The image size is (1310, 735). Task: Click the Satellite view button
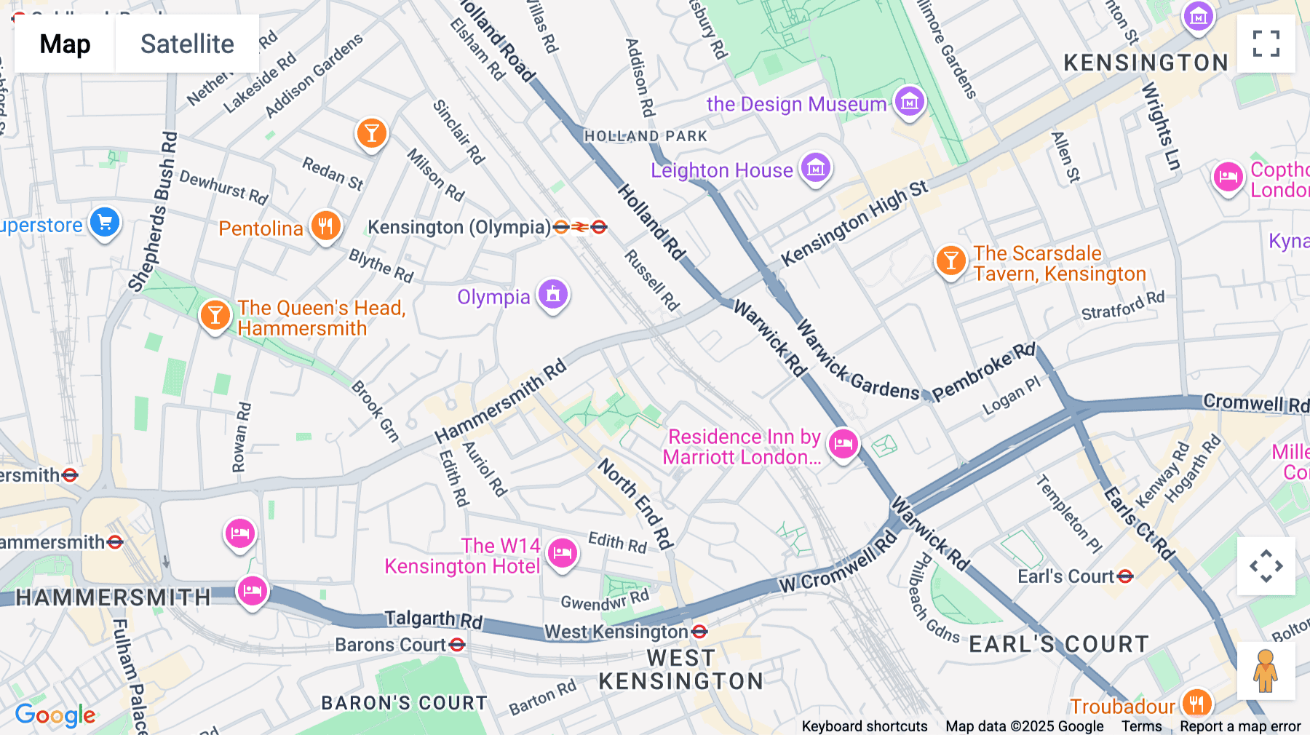187,44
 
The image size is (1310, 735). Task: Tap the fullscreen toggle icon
1266,44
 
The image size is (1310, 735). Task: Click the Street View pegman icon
1266,670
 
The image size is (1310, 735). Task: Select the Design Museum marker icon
910,103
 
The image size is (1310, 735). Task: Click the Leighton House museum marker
816,168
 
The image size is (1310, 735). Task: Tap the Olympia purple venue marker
553,295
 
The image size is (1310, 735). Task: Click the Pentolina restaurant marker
325,226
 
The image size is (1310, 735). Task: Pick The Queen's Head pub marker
215,315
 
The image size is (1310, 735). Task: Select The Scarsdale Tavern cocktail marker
950,260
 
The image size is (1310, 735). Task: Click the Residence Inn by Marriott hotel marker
843,442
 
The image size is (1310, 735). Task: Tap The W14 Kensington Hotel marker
562,554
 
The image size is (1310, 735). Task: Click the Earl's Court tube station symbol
1125,576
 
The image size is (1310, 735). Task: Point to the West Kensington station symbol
699,632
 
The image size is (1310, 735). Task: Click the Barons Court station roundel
457,645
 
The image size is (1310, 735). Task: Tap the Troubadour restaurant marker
1196,703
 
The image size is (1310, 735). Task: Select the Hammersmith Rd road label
501,401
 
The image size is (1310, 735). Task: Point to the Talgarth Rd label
433,619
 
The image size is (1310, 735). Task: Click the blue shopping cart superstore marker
105,223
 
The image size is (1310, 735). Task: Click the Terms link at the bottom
1141,726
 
